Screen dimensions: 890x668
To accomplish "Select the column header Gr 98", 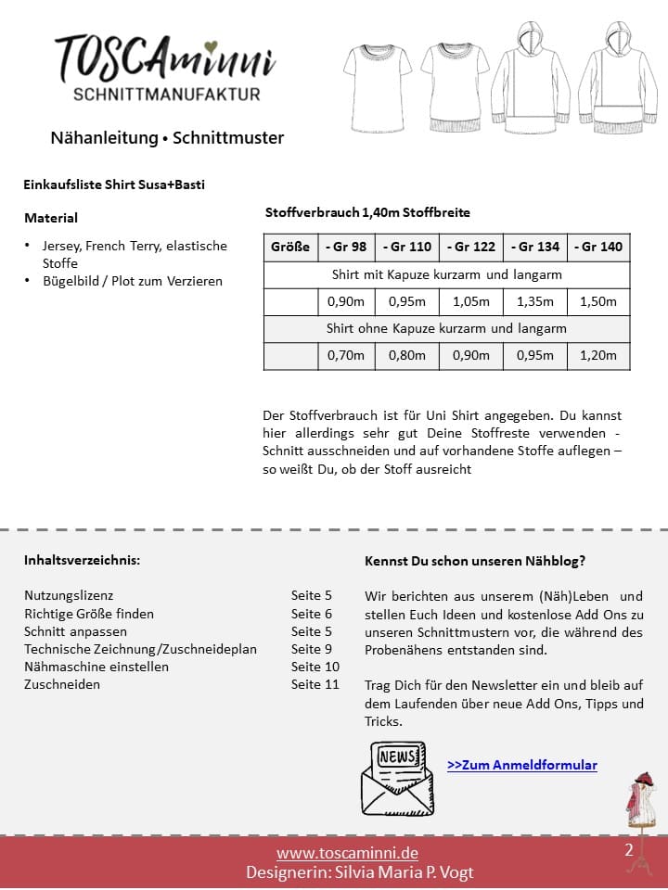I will tap(345, 248).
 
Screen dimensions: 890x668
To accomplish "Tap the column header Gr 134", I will tap(535, 248).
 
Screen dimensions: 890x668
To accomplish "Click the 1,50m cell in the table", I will tap(598, 301).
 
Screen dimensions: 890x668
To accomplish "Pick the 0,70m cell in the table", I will tap(345, 355).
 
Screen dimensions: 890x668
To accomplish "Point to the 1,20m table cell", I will tap(598, 355).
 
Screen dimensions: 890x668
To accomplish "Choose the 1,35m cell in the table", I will tap(535, 301).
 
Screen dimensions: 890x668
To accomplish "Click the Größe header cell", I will tap(290, 248).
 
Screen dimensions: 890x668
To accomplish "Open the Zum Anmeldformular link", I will tap(521, 765).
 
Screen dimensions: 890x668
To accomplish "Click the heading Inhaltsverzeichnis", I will tap(83, 561).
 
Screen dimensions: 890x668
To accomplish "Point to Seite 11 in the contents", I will tap(315, 684).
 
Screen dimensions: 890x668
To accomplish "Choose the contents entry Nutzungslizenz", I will tap(69, 595).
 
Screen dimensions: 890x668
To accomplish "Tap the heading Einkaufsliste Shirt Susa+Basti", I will tap(114, 184).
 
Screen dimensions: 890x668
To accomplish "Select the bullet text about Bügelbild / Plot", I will tap(133, 281).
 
